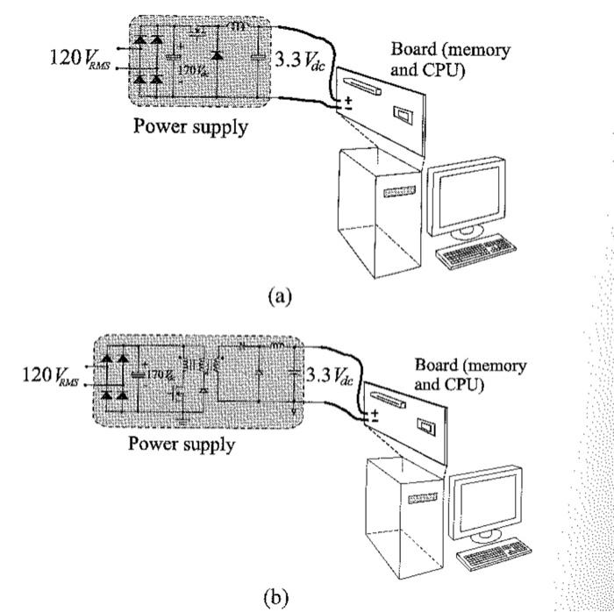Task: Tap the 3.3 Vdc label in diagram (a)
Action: (301, 60)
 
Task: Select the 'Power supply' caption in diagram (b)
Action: (182, 443)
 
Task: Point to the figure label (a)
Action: (280, 295)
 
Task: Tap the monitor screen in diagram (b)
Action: (488, 499)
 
